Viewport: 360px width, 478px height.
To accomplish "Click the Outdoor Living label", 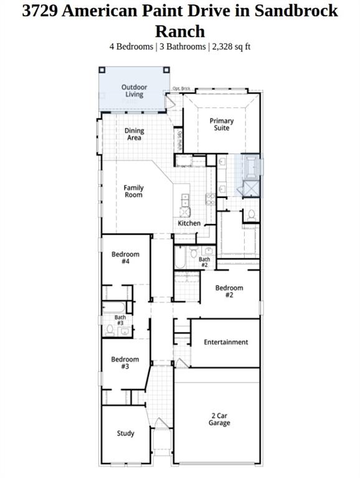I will pyautogui.click(x=134, y=91).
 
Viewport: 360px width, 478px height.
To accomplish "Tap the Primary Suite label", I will pyautogui.click(x=221, y=124).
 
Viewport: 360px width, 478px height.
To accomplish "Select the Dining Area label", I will pyautogui.click(x=134, y=134).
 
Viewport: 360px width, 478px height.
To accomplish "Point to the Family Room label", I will pyautogui.click(x=133, y=191).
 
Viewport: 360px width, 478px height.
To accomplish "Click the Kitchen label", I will pyautogui.click(x=189, y=223).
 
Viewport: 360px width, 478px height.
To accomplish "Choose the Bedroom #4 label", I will pyautogui.click(x=125, y=258).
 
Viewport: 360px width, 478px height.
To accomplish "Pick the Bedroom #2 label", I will pyautogui.click(x=229, y=291).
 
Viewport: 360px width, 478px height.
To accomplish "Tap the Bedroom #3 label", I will pyautogui.click(x=125, y=362).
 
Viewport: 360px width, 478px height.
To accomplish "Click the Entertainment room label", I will pyautogui.click(x=225, y=342).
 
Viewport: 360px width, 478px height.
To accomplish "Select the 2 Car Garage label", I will pyautogui.click(x=219, y=419).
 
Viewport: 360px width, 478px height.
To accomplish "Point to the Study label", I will pyautogui.click(x=125, y=433).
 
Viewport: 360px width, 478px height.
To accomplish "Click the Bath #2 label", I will pyautogui.click(x=204, y=262).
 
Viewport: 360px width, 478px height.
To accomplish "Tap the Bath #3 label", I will pyautogui.click(x=120, y=320).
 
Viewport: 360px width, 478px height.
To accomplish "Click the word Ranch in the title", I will pyautogui.click(x=179, y=31).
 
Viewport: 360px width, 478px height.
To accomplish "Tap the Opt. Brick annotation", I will pyautogui.click(x=181, y=89).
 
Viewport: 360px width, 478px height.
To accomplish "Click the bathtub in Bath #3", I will pyautogui.click(x=116, y=307).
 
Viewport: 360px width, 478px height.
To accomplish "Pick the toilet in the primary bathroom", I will pyautogui.click(x=252, y=214).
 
